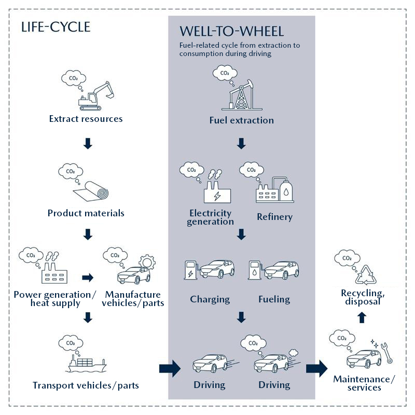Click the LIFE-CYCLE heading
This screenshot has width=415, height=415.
coord(56,27)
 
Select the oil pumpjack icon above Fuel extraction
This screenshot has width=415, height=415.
coord(241,93)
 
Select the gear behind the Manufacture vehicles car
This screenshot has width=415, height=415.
coord(146,261)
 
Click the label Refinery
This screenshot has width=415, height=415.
coord(274,217)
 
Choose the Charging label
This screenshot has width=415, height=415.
coord(210,299)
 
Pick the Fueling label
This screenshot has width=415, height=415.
coord(274,299)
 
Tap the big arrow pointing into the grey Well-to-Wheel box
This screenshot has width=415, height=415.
coord(170,369)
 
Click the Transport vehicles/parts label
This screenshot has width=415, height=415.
coord(86,385)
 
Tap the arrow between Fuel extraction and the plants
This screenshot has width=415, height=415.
coord(241,143)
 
